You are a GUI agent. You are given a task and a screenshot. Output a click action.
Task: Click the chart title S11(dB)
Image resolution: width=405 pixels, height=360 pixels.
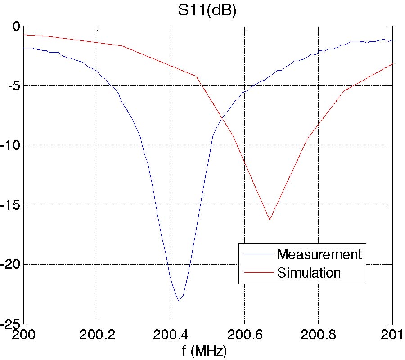coord(206,10)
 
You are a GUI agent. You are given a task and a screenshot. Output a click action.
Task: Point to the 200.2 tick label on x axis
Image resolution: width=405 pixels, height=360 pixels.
coord(97,335)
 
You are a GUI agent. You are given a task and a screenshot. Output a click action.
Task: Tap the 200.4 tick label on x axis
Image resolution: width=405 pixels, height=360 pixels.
coord(171,335)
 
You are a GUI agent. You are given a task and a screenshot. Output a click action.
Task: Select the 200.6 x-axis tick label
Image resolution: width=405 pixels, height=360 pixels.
coord(244,335)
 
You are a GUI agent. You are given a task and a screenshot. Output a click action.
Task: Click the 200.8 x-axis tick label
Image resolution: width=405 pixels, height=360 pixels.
coord(318,335)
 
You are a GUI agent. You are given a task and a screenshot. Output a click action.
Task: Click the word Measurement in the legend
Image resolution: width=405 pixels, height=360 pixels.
coord(319,254)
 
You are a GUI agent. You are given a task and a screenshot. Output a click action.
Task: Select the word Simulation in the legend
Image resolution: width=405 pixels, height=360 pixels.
coord(309,272)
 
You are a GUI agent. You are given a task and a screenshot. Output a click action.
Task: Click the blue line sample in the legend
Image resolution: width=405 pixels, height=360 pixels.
coord(259,254)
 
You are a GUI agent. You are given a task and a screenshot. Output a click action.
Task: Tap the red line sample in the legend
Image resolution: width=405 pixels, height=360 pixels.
coord(259,272)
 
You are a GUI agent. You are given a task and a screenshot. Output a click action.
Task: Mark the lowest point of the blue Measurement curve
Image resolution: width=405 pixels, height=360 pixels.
coord(179,301)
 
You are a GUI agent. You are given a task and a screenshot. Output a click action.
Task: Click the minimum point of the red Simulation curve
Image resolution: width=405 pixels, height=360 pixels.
coord(270,220)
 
